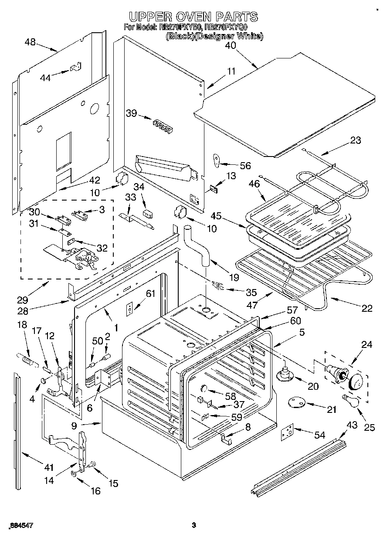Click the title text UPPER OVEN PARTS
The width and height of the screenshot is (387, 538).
pyautogui.click(x=193, y=17)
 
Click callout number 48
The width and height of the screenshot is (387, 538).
pyautogui.click(x=31, y=42)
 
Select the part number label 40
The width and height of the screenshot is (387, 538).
pyautogui.click(x=231, y=45)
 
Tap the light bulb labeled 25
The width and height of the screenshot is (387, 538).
pyautogui.click(x=351, y=400)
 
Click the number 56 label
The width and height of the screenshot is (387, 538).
pyautogui.click(x=245, y=165)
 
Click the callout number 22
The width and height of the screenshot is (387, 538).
pyautogui.click(x=367, y=308)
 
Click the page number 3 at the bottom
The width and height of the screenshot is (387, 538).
pyautogui.click(x=194, y=525)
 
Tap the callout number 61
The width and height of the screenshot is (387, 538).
pyautogui.click(x=150, y=293)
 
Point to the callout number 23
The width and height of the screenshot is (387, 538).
pyautogui.click(x=356, y=140)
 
